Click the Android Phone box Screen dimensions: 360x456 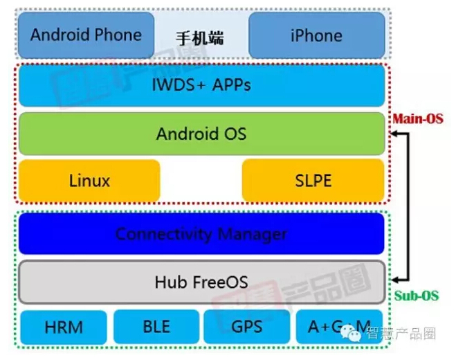(86, 35)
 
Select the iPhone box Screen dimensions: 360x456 (316, 35)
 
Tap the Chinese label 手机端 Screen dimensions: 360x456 (201, 37)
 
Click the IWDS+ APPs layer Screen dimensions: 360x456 (201, 85)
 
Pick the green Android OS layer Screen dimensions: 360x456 (201, 134)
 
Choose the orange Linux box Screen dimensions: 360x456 (89, 181)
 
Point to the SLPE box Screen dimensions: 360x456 (313, 181)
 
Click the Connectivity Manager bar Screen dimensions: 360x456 (201, 234)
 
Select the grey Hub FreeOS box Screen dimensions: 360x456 (201, 282)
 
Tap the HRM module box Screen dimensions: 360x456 (64, 327)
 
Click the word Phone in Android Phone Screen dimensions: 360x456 (118, 35)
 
